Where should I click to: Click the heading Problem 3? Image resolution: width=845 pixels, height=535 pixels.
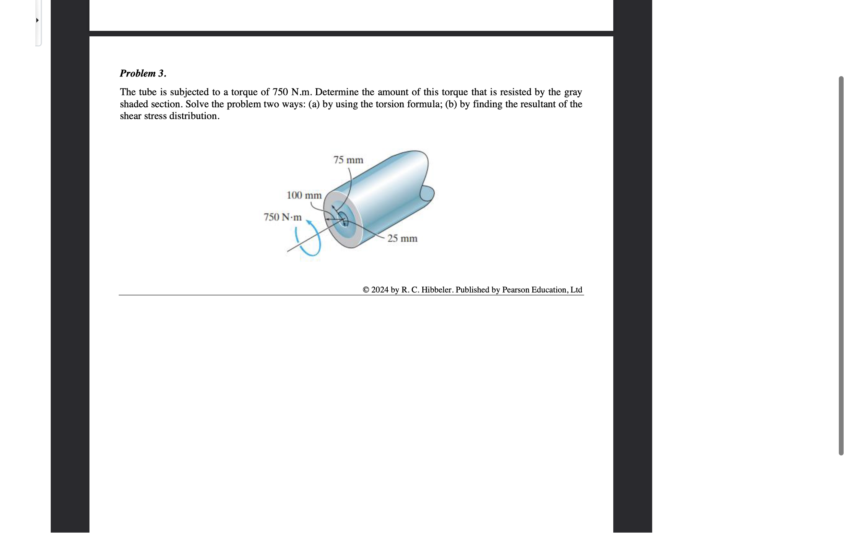pyautogui.click(x=143, y=73)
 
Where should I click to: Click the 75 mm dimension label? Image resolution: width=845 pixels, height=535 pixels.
pyautogui.click(x=348, y=160)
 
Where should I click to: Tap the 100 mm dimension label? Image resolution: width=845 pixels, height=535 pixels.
pyautogui.click(x=304, y=195)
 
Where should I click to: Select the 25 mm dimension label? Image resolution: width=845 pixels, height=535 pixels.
pyautogui.click(x=402, y=239)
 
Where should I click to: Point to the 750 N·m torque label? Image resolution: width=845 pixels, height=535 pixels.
pyautogui.click(x=282, y=217)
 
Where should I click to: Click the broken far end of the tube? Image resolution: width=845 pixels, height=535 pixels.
pyautogui.click(x=427, y=193)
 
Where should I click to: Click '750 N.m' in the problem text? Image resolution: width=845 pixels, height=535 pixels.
pyautogui.click(x=292, y=92)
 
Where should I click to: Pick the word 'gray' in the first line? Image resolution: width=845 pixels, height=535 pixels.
pyautogui.click(x=573, y=92)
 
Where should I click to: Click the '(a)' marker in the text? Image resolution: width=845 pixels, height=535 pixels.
pyautogui.click(x=314, y=104)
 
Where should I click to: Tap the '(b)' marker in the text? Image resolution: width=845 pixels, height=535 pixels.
pyautogui.click(x=451, y=104)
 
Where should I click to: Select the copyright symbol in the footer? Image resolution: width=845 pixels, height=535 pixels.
pyautogui.click(x=366, y=290)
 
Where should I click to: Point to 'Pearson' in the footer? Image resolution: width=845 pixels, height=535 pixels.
pyautogui.click(x=516, y=290)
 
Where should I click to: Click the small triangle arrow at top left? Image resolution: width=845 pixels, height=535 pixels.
pyautogui.click(x=37, y=20)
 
